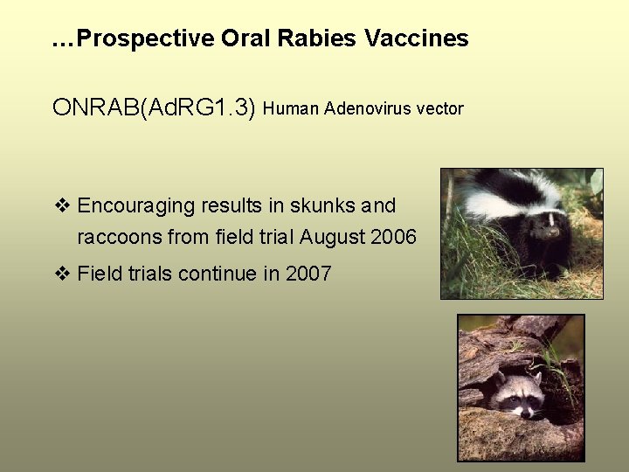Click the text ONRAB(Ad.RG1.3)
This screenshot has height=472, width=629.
pyautogui.click(x=154, y=108)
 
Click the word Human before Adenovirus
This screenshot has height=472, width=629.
pyautogui.click(x=291, y=108)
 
